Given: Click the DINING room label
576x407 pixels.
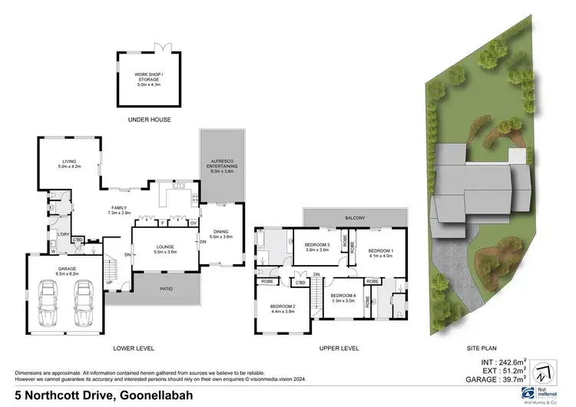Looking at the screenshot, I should click(x=221, y=234).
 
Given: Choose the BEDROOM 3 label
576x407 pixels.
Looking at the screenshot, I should click(x=316, y=247).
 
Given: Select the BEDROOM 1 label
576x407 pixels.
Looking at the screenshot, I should click(x=380, y=253).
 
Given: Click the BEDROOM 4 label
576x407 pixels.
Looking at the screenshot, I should click(x=343, y=298).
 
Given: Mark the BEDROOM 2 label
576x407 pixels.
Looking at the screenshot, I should click(x=283, y=309).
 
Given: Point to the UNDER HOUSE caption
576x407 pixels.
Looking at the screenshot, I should click(x=149, y=121).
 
